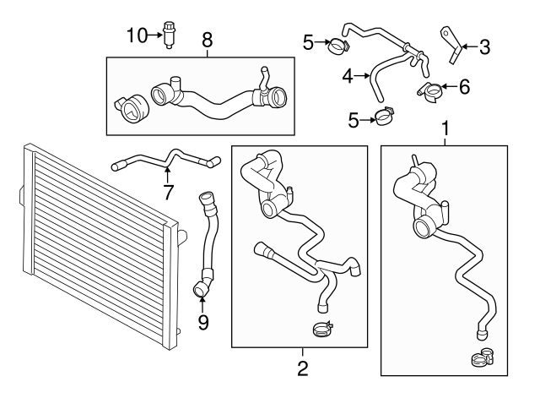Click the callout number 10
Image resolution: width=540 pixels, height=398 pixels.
(x=136, y=35)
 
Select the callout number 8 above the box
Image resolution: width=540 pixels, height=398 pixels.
(x=207, y=39)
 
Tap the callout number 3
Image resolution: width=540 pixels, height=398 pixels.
(x=484, y=47)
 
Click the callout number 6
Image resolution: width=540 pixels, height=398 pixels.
(x=463, y=85)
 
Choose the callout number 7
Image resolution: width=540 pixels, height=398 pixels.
(x=168, y=192)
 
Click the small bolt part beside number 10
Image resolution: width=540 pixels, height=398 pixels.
(x=172, y=35)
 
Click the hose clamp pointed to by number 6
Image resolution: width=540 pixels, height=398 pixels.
(x=431, y=89)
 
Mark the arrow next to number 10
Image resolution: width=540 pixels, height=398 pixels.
(x=155, y=35)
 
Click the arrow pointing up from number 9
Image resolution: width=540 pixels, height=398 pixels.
(x=203, y=301)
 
